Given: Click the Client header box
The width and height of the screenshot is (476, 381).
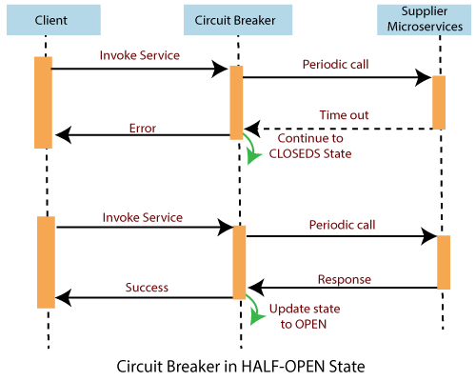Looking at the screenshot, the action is click(x=53, y=20).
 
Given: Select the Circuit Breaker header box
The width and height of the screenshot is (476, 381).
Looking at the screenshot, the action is click(x=238, y=20).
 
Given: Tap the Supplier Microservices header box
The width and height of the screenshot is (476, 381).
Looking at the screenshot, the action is click(x=424, y=20).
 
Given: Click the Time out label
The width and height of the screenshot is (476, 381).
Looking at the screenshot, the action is click(x=344, y=115).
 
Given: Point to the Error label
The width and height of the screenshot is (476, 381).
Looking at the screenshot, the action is click(x=143, y=129).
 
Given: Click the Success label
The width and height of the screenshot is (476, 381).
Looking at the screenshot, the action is click(x=147, y=288).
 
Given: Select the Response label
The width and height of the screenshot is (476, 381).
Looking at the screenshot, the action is click(x=345, y=279).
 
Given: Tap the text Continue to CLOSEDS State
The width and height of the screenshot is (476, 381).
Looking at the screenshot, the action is click(x=310, y=146).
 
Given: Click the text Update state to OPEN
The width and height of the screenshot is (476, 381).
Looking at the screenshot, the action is click(x=305, y=316).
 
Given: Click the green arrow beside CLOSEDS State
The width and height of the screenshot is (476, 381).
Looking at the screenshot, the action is click(x=253, y=150).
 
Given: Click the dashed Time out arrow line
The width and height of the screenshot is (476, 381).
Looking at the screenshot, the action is click(x=339, y=129).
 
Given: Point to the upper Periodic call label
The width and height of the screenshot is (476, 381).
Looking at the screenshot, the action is click(x=335, y=65).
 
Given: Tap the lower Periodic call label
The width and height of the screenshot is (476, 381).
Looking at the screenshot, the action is click(x=342, y=225).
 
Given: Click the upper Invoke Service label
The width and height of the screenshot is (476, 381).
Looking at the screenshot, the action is click(x=140, y=55).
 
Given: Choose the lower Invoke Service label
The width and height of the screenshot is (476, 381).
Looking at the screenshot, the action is click(x=143, y=218).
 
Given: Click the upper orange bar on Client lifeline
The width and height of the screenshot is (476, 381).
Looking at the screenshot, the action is click(x=43, y=103).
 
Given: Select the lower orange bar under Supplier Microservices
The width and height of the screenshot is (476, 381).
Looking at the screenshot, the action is click(x=444, y=262).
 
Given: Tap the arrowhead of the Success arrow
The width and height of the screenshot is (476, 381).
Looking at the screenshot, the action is click(x=63, y=298).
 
